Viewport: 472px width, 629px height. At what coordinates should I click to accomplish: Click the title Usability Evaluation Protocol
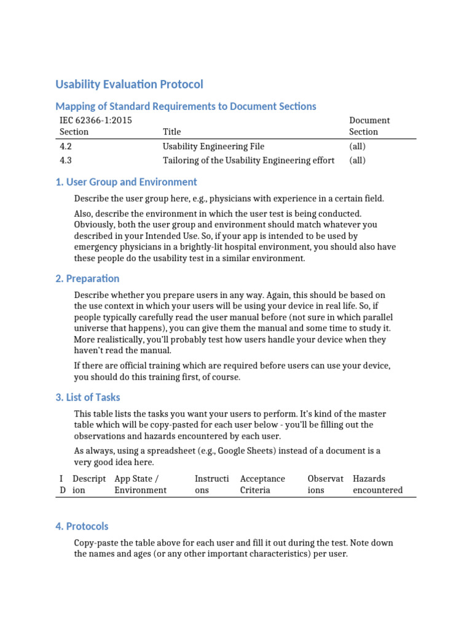(x=129, y=84)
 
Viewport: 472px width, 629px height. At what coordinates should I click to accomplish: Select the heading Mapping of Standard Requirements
(x=186, y=106)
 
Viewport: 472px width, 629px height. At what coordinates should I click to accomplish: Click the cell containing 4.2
(x=66, y=146)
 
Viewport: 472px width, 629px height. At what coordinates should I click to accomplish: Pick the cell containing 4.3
(x=66, y=160)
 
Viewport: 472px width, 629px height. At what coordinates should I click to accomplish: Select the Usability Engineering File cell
(x=213, y=146)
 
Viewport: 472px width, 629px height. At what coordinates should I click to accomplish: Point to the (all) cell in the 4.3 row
(x=357, y=160)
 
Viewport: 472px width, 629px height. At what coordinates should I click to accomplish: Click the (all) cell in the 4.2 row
(x=357, y=146)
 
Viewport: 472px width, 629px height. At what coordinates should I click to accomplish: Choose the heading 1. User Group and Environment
(x=126, y=182)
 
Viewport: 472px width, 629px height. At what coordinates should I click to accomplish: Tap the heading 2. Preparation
(x=87, y=278)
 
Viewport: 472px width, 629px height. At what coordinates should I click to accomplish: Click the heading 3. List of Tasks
(x=88, y=397)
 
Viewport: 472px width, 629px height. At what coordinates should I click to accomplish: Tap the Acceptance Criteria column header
(x=262, y=484)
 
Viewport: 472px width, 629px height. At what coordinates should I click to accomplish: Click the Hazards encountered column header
(x=377, y=484)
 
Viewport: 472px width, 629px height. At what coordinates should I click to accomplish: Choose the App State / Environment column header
(x=140, y=484)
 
